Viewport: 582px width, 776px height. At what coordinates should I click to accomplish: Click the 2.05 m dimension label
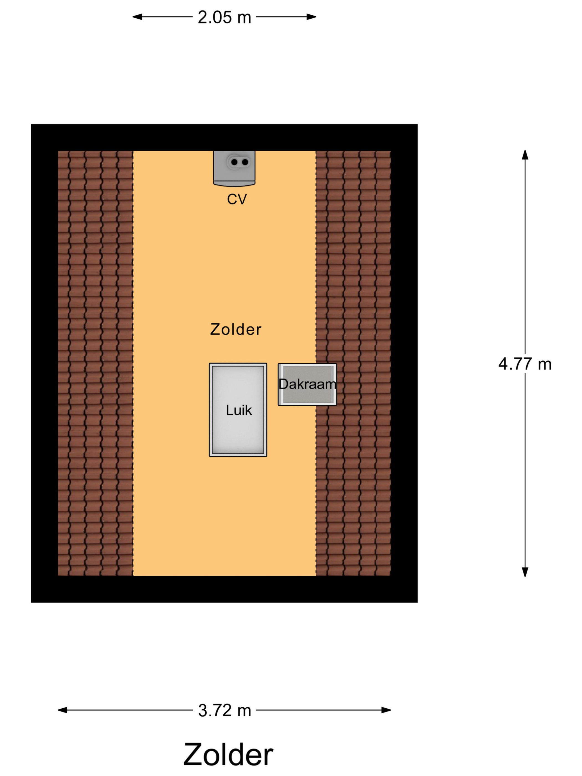(224, 17)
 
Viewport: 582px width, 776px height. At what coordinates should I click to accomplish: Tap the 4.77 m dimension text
(525, 364)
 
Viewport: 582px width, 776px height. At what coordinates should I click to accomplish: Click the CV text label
(237, 199)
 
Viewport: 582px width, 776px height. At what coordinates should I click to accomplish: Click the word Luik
(239, 410)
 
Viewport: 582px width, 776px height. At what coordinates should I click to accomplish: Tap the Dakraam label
(307, 384)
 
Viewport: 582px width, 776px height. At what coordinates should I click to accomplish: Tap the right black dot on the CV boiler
(245, 162)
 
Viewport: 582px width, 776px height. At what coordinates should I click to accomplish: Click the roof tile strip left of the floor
(95, 363)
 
